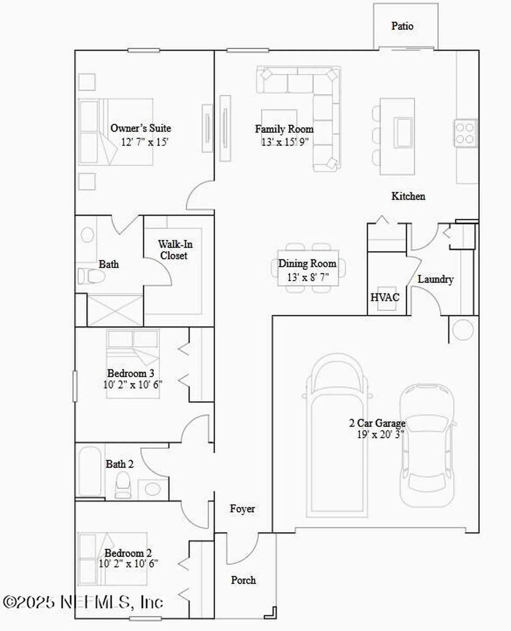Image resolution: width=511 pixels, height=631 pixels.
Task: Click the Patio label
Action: pyautogui.click(x=402, y=26)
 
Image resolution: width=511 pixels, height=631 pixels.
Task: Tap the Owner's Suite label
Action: pyautogui.click(x=141, y=128)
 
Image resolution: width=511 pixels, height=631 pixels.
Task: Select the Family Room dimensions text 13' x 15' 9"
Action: pyautogui.click(x=285, y=142)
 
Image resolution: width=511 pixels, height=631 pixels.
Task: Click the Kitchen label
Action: pyautogui.click(x=408, y=196)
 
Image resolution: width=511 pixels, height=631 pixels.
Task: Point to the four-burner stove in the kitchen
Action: pyautogui.click(x=465, y=133)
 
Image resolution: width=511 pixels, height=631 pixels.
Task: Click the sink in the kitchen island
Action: pyautogui.click(x=403, y=133)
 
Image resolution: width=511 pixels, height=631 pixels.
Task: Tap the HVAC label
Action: pyautogui.click(x=385, y=297)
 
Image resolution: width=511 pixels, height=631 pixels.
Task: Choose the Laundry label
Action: pyautogui.click(x=435, y=279)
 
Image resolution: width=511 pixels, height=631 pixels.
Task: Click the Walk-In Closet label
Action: pyautogui.click(x=175, y=250)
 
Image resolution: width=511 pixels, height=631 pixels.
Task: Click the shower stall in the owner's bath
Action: pyautogui.click(x=115, y=310)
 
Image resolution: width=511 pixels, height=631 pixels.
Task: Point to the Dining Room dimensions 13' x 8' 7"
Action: pyautogui.click(x=308, y=277)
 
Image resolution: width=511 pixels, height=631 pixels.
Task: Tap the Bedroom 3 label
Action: pyautogui.click(x=130, y=373)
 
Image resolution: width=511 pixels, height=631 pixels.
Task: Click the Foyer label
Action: pyautogui.click(x=242, y=509)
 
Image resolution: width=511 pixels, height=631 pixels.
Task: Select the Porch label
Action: pyautogui.click(x=243, y=580)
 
